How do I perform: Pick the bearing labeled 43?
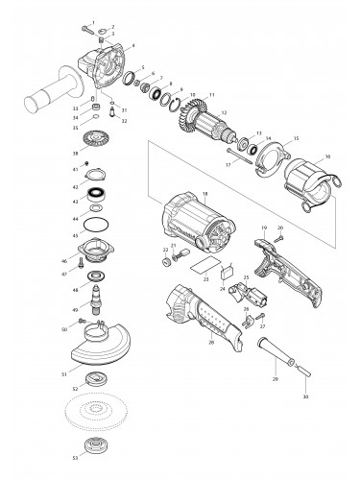[x=98, y=201]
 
